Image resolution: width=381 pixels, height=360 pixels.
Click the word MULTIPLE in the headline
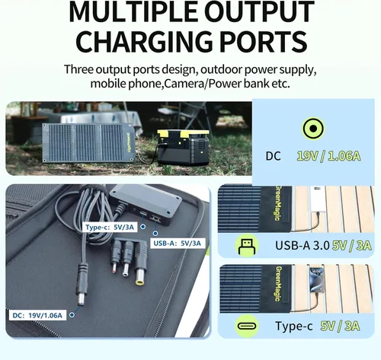point(133,12)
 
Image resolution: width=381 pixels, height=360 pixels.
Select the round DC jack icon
point(313,129)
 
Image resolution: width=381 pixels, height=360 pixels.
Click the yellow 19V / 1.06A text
point(328,156)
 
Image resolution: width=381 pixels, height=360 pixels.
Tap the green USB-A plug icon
point(247,246)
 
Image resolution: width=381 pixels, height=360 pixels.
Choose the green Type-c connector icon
point(247,326)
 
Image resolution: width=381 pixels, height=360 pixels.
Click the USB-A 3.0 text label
point(303,245)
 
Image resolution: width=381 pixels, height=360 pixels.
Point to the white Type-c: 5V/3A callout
point(110,227)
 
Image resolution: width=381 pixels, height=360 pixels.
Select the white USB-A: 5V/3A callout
point(178,244)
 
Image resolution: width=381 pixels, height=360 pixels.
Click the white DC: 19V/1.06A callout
point(37,315)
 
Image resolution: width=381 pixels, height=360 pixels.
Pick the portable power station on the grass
point(183,147)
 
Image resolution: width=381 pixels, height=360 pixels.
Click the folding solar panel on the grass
point(88,142)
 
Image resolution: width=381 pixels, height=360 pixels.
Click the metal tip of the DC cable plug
point(82,299)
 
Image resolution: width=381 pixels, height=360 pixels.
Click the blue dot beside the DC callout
point(72,315)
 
